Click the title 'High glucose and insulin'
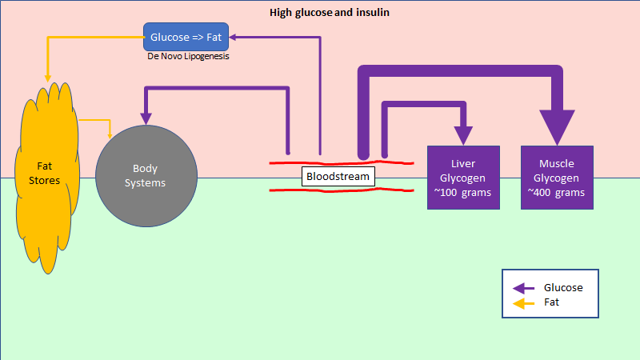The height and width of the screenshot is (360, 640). coord(330,13)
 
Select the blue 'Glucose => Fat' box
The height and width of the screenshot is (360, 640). coord(186,37)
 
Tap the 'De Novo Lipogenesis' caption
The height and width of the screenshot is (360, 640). coord(188,56)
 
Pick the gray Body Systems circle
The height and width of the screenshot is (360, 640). coord(146,176)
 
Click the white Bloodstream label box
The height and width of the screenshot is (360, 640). coord(338,176)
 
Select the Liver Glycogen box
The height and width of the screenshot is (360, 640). coord(463,178)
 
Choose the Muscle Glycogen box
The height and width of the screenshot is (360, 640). coord(557,178)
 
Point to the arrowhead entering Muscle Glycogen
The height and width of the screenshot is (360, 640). coord(557,126)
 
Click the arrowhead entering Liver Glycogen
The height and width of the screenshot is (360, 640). coord(463,135)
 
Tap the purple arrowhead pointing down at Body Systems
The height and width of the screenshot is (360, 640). coord(146,118)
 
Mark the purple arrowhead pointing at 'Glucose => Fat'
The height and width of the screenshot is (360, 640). coord(233,37)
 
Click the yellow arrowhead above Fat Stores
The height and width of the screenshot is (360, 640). coord(48,78)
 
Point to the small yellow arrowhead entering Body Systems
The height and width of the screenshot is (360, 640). coord(110,135)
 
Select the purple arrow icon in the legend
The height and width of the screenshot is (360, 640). coord(523,288)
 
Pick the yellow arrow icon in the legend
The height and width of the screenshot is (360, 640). coord(523,304)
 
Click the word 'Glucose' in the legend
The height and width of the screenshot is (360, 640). coord(563,288)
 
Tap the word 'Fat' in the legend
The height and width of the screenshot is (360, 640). coord(551,302)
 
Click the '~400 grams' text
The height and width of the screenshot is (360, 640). coord(556,193)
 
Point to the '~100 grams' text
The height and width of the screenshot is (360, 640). coord(462,193)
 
